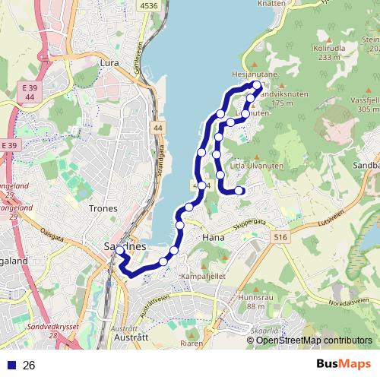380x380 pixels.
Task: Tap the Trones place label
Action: point(103,208)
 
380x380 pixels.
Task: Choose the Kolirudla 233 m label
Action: point(328,52)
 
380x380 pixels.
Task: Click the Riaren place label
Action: point(192,342)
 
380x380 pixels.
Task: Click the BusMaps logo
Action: point(344,365)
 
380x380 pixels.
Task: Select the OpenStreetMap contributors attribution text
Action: point(313,340)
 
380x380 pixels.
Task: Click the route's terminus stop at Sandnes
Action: point(119,250)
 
